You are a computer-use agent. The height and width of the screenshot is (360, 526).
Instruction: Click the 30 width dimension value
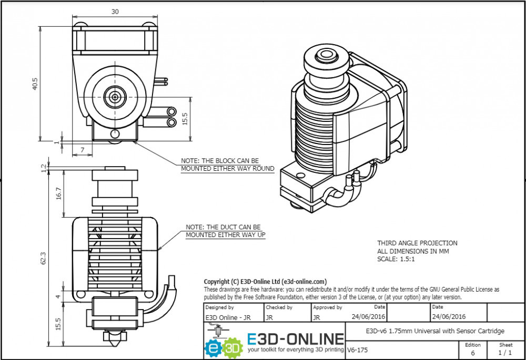point(115,11)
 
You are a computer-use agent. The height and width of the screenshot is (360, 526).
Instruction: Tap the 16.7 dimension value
point(58,193)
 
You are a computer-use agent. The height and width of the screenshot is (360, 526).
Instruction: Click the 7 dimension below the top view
point(83,150)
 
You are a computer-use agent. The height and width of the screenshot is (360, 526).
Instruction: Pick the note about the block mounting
point(227,164)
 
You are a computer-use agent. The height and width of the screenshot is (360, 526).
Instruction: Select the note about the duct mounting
point(225,231)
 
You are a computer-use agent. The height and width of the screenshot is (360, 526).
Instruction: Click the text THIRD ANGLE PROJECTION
point(417,243)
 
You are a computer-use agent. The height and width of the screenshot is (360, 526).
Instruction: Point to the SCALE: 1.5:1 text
point(396,259)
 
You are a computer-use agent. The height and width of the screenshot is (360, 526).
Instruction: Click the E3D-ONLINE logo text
point(296,338)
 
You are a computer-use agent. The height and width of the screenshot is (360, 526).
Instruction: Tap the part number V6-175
point(358,349)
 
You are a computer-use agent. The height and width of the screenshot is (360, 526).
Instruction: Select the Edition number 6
point(472,353)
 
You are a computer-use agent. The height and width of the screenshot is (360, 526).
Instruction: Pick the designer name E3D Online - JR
point(228,317)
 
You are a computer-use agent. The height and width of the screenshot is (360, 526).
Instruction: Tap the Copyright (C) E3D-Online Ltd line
point(265,281)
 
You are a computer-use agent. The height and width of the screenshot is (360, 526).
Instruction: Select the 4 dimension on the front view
point(58,297)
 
